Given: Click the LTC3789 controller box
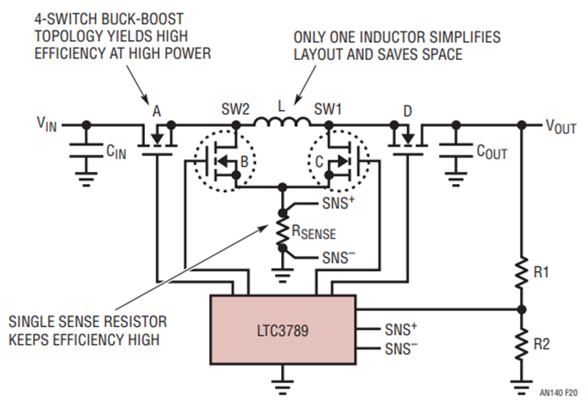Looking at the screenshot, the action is point(283,330).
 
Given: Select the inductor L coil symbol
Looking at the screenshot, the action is point(282,121).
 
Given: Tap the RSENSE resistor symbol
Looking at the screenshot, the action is point(282,231).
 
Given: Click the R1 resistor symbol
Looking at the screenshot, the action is point(521,272).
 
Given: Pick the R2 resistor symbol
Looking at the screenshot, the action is point(521,344).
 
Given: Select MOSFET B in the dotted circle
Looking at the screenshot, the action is point(225,161).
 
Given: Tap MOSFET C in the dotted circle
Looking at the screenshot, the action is point(338,161).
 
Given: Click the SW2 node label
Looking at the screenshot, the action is point(235,110).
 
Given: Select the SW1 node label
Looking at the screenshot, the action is point(328,110).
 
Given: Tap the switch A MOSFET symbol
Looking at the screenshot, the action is point(157,140).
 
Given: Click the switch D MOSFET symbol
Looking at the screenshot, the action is point(408,140).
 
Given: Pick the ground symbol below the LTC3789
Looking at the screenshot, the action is point(282,383).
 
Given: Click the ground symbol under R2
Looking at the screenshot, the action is point(521,385).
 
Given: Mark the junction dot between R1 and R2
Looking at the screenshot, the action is point(521,310).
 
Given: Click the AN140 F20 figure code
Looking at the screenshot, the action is point(559,393).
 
